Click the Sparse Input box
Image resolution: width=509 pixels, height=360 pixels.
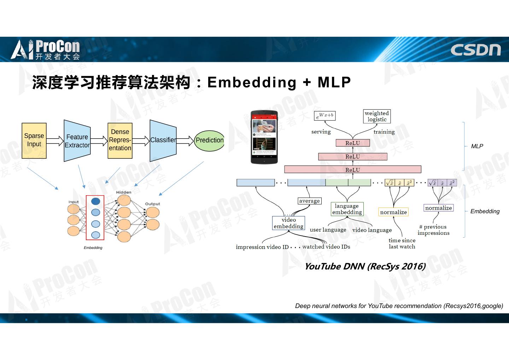34,140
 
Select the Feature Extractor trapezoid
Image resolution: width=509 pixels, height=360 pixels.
77,141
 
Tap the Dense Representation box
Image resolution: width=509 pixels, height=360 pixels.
120,140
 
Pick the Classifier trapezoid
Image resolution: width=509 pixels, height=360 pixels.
163,140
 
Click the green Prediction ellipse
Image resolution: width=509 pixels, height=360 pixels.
209,140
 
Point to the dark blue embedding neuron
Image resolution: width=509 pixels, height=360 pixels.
95,201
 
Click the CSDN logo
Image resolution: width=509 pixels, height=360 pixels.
475,50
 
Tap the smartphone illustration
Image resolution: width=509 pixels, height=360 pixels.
264,137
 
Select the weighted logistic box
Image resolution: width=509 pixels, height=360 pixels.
377,116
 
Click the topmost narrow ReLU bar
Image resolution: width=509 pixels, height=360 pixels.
352,143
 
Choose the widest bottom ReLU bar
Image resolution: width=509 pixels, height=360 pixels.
352,170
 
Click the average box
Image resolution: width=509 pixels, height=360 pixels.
309,201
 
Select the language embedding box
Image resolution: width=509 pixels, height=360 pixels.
347,209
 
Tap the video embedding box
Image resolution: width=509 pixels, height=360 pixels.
288,223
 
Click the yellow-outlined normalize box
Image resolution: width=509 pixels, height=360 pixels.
393,212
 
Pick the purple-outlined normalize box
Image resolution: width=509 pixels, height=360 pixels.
438,208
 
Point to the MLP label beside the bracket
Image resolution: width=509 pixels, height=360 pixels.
477,146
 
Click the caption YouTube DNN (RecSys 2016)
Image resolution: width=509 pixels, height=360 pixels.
365,266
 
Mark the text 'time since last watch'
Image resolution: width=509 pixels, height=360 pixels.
402,243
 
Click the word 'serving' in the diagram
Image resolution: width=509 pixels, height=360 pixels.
321,132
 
